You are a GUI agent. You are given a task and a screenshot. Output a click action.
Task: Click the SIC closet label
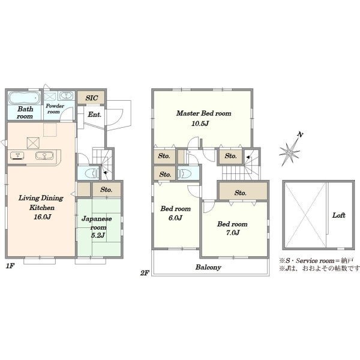point(92,98)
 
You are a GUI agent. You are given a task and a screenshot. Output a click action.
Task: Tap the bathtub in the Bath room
point(24,98)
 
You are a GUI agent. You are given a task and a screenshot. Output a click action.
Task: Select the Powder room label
point(55,109)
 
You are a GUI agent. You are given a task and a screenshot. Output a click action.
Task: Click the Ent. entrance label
point(95,115)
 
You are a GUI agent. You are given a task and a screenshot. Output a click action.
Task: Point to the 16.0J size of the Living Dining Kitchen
point(42,217)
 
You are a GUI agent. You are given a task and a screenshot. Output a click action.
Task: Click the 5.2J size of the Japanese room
point(98,235)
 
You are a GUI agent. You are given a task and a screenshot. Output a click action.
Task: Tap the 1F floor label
point(10,266)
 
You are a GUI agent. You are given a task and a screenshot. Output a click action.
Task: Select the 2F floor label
point(145,273)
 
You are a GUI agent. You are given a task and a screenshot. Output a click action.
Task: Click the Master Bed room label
point(203,113)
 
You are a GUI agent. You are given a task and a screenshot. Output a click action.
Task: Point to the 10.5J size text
point(200,124)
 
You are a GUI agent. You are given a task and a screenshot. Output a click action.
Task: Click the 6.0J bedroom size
point(175,218)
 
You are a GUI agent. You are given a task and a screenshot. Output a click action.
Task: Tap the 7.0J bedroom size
point(233,233)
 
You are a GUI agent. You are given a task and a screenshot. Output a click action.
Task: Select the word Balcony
point(208,267)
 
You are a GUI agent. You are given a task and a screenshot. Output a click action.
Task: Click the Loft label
point(338,215)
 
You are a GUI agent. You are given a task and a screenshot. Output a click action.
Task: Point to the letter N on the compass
point(299,134)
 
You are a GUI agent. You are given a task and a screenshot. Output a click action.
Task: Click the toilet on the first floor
point(91,173)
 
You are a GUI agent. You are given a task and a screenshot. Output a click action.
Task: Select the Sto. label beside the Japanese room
point(106,190)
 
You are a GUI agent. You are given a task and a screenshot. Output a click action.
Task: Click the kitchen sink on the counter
point(44,155)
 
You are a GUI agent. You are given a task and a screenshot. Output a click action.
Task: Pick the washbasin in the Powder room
point(67,95)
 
